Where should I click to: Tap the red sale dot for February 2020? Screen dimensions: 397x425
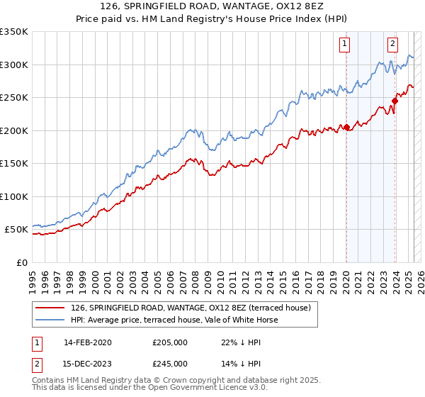tap(346, 128)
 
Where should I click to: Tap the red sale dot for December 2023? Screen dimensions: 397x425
tap(395, 101)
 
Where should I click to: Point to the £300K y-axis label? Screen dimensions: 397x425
tap(13, 65)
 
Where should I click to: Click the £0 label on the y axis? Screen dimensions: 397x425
tap(21, 262)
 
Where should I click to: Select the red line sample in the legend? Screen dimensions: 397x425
tap(50, 308)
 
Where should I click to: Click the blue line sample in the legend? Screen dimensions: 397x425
tap(50, 320)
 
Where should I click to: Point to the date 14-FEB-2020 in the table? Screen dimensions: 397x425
tap(87, 342)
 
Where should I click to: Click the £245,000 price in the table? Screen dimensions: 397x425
tap(170, 364)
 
